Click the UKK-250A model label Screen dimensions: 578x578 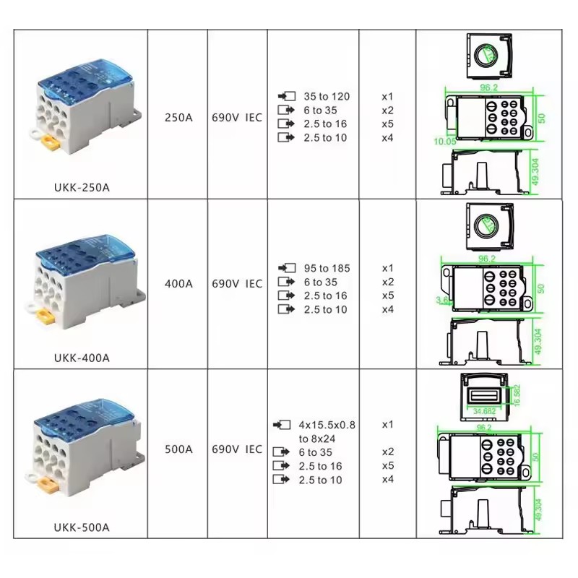pos(82,188)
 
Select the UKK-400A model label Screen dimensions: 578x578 pos(82,358)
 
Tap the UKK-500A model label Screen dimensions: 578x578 pos(82,527)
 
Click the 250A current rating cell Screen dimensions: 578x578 pos(178,118)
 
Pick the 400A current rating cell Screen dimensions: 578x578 pos(178,284)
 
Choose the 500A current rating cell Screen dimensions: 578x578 pos(178,449)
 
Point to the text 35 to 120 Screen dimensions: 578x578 pos(327,97)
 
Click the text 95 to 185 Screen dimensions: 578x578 pos(327,268)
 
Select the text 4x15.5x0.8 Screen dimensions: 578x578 pos(327,425)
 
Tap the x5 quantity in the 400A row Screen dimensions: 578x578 pos(388,296)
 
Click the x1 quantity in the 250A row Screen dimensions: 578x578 pos(387,97)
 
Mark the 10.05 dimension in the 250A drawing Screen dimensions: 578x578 pos(445,142)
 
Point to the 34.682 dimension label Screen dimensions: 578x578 pos(484,411)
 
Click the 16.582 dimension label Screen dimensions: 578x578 pos(517,395)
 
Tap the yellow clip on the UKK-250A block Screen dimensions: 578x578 pos(51,143)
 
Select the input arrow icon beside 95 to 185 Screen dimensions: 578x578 pos(287,268)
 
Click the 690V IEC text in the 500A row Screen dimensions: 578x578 pos(237,449)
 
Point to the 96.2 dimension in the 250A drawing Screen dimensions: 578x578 pos(489,87)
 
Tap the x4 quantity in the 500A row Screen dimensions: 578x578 pos(388,479)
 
